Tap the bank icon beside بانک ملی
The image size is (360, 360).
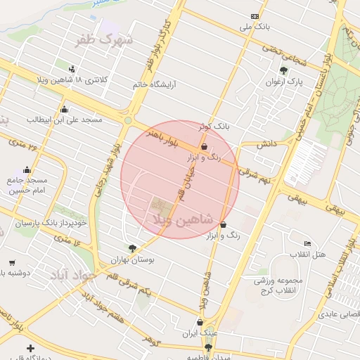[255, 16]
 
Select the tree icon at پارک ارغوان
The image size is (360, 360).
[283, 70]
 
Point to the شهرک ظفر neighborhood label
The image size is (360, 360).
[105, 39]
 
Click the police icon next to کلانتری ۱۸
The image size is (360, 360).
[72, 69]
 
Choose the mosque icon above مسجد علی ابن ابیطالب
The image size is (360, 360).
[65, 109]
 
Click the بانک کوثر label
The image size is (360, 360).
[214, 127]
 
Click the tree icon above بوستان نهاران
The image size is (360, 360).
[132, 248]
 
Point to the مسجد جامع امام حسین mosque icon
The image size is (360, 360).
[27, 169]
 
